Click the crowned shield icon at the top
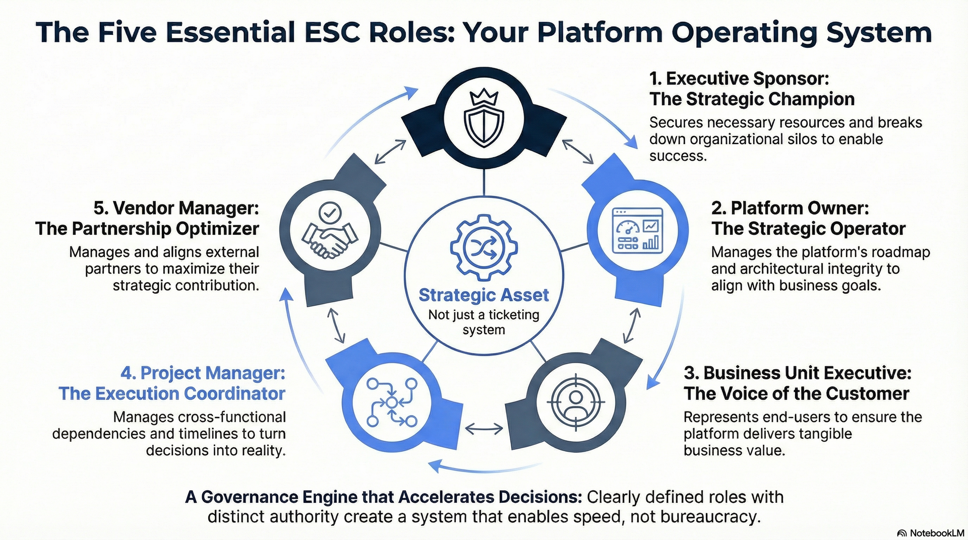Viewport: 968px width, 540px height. click(483, 119)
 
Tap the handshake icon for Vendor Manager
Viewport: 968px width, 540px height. click(330, 232)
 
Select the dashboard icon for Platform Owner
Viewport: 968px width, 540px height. click(637, 231)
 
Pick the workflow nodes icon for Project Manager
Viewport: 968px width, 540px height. click(392, 402)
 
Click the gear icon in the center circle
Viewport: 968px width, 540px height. click(483, 247)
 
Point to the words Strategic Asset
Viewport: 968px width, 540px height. click(483, 295)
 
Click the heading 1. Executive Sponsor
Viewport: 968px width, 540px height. click(739, 79)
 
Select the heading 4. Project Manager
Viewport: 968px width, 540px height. click(203, 373)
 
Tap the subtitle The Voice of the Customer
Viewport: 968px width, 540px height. click(796, 394)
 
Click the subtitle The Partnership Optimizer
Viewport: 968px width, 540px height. click(147, 229)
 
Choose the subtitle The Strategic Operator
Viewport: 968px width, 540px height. click(808, 229)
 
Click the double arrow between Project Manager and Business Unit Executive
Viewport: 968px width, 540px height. click(483, 429)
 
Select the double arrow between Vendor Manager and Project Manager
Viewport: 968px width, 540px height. click(336, 325)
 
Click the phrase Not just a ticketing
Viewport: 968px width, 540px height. click(483, 315)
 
